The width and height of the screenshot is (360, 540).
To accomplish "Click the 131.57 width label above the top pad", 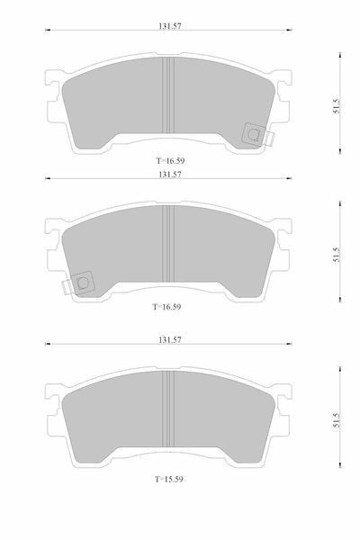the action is (x=169, y=26).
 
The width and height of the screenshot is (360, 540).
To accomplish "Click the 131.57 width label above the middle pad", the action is (x=169, y=175).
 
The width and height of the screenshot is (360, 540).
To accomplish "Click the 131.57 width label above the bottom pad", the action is (x=169, y=340).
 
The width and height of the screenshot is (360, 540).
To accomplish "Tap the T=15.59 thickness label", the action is (x=168, y=479).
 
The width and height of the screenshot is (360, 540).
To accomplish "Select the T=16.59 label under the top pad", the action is (x=170, y=161).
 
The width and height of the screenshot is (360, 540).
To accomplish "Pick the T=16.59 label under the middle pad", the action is (x=166, y=307).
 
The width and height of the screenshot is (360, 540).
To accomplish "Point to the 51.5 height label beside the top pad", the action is (x=337, y=107).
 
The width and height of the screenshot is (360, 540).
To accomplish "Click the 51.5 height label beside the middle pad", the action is (x=337, y=256).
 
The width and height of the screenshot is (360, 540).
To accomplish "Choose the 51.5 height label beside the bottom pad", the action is (x=337, y=420).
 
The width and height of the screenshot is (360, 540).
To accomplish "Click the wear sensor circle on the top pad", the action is (x=254, y=133).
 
